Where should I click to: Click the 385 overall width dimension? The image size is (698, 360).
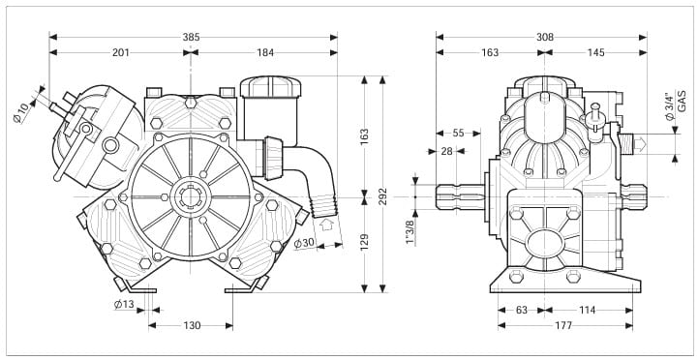[191, 38]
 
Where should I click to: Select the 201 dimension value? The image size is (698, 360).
[121, 52]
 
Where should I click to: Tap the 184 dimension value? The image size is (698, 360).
[265, 52]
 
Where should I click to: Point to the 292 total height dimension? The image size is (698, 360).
[382, 196]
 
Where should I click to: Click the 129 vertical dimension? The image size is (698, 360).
[365, 242]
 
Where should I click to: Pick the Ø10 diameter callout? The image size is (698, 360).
[21, 112]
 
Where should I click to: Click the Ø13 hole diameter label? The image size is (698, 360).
[124, 305]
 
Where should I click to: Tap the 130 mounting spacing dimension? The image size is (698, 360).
[192, 326]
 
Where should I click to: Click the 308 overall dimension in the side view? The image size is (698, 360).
[545, 38]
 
